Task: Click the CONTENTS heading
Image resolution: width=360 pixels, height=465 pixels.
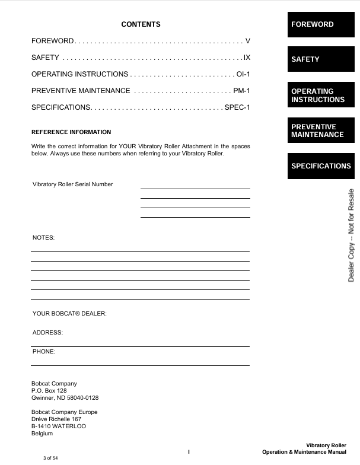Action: [141, 24]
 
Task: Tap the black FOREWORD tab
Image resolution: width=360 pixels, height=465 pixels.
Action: [321, 24]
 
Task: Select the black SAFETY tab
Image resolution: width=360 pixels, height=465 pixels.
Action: [321, 59]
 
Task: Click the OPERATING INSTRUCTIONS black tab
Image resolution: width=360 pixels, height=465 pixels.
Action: [321, 95]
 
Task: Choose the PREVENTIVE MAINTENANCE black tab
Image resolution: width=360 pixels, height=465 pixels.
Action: [321, 130]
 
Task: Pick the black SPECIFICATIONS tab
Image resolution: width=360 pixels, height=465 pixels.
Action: [321, 166]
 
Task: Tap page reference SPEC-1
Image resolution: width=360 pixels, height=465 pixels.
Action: [237, 107]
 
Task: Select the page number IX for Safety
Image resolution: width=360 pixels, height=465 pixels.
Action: [247, 58]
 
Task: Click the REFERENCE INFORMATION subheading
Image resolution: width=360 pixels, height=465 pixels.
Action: [71, 132]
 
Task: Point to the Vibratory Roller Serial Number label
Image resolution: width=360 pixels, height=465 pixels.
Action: [72, 184]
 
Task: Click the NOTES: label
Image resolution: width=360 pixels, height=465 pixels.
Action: [43, 237]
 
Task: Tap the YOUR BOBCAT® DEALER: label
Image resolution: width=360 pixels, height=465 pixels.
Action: [69, 313]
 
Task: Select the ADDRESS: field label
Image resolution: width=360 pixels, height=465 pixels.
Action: [47, 333]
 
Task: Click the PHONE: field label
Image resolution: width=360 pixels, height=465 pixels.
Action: [44, 352]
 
